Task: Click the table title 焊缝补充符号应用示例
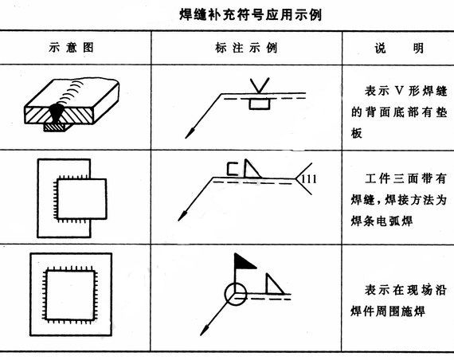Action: click(x=227, y=14)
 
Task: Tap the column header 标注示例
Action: click(x=246, y=47)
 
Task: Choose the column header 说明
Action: click(x=397, y=47)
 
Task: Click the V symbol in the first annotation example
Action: click(x=259, y=83)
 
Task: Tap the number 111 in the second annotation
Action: click(x=309, y=178)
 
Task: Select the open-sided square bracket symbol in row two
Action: click(x=232, y=168)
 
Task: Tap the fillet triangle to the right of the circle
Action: click(x=272, y=284)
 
